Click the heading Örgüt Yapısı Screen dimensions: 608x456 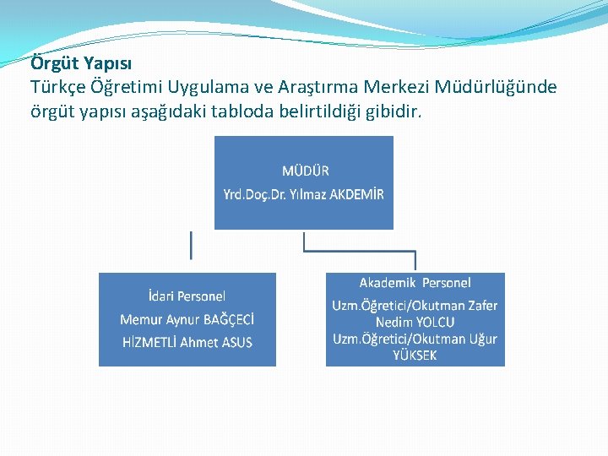81,63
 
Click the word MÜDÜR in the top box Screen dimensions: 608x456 306,171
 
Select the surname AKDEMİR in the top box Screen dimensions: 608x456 356,194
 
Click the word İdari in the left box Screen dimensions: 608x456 160,296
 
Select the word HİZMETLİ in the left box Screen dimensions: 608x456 149,342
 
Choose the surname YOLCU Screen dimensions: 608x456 435,322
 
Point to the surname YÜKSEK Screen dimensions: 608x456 415,356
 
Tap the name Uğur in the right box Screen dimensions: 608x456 482,339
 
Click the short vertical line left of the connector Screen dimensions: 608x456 191,245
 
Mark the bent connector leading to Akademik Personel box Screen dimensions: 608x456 359,250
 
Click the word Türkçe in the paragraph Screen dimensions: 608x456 56,87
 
